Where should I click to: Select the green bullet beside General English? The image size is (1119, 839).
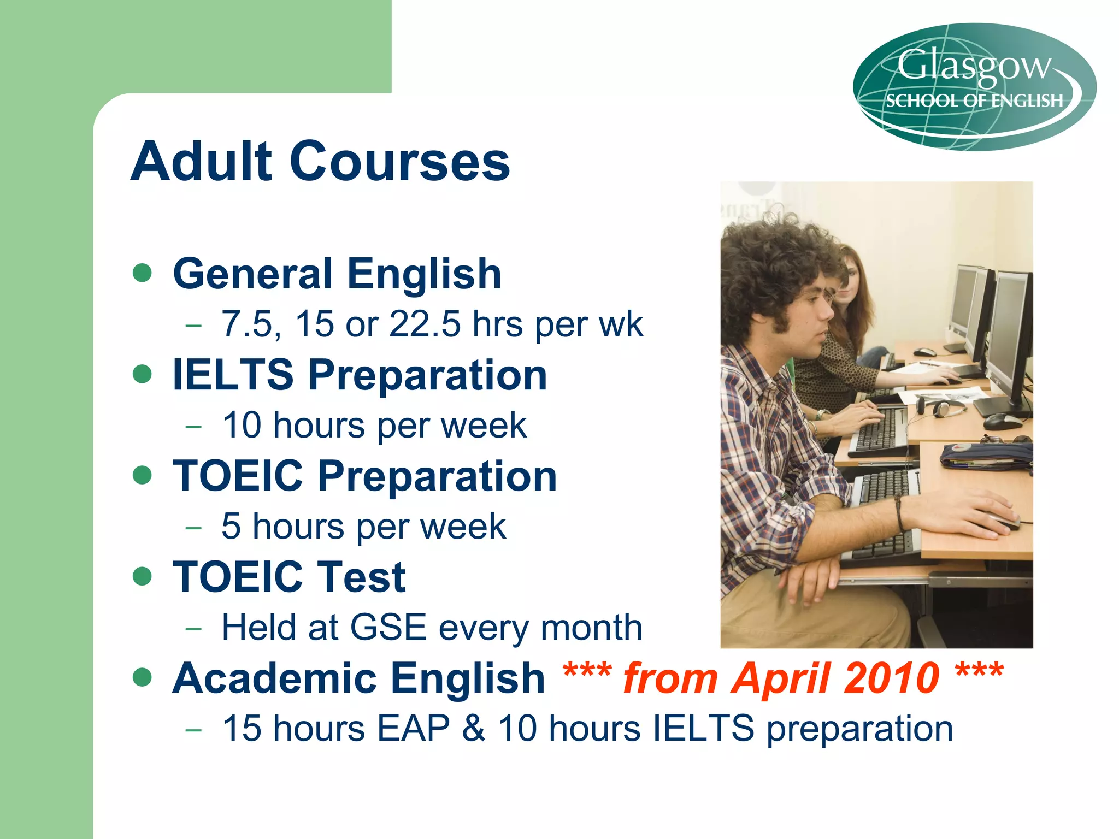(x=142, y=273)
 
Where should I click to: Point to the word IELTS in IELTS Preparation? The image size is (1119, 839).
(x=233, y=375)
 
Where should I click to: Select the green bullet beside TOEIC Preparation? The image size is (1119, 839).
(x=142, y=475)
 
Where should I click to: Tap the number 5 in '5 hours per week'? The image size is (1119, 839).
(x=231, y=527)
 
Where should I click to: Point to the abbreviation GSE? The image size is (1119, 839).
(x=388, y=628)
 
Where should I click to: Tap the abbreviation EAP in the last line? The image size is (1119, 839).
(x=414, y=729)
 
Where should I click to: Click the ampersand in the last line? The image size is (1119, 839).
(x=473, y=729)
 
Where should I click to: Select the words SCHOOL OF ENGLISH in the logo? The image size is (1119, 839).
(x=974, y=101)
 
